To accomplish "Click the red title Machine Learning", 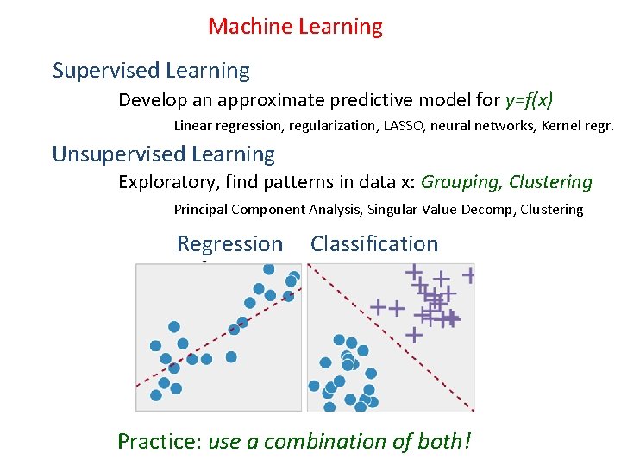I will point(295,27).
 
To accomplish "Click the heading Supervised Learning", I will point(151,71).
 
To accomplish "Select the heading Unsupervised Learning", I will point(164,154).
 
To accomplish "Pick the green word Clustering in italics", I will point(550,183).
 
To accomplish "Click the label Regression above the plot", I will point(229,244).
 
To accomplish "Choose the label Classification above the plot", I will point(374,244).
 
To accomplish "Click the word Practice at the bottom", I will point(158,442).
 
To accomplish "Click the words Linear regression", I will point(228,126).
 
